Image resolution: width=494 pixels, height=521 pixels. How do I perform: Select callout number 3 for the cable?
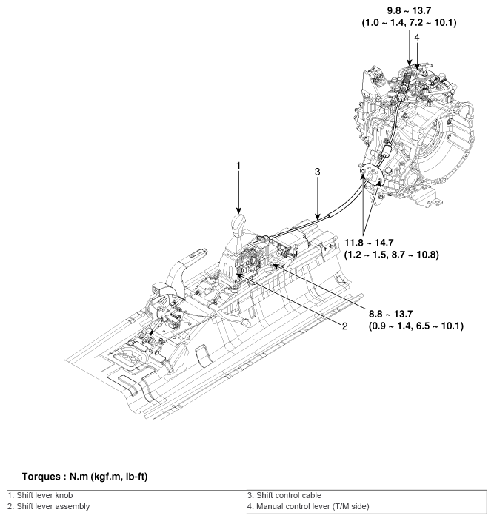coord(317,172)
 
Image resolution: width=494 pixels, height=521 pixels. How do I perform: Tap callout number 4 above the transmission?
coord(417,36)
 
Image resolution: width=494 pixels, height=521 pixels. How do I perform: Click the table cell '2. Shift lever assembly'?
coord(40,506)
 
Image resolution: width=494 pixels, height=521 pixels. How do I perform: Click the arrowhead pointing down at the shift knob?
coord(238,209)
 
